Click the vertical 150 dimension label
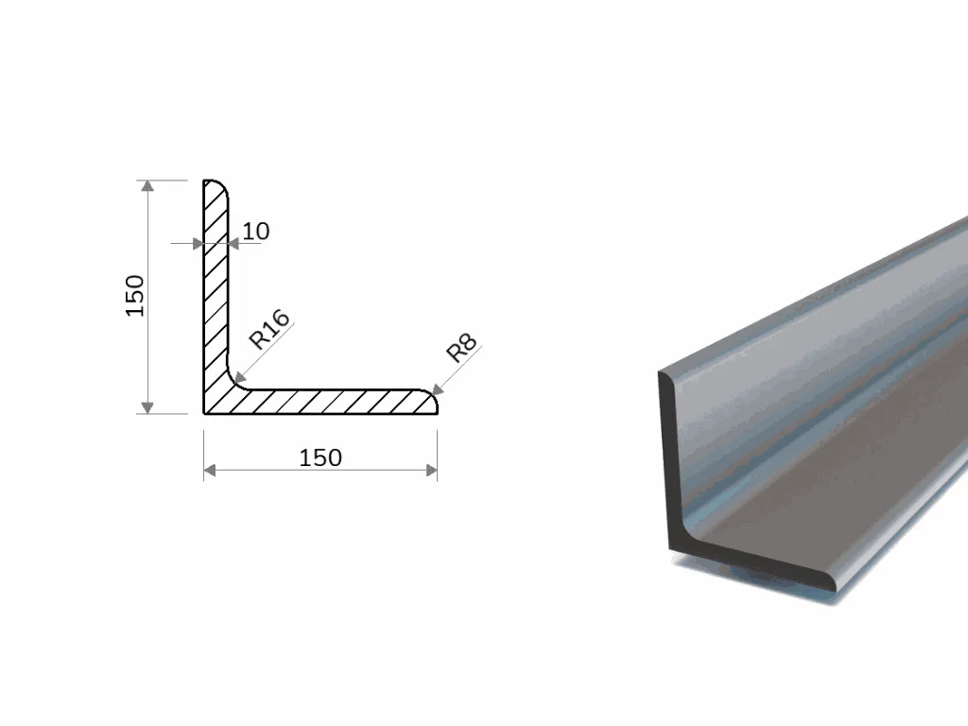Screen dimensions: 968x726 tap(135, 296)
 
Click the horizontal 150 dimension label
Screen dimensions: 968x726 tap(320, 458)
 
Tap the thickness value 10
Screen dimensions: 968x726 tap(256, 232)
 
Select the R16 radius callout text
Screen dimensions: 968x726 tap(269, 329)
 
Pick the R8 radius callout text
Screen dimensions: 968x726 tap(461, 348)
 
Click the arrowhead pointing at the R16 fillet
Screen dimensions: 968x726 tap(240, 376)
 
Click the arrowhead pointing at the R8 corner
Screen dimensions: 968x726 tap(438, 389)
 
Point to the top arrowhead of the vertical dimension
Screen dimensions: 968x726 tap(147, 186)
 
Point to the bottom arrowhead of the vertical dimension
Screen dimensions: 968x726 tap(147, 407)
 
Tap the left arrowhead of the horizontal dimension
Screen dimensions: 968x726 tap(210, 471)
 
